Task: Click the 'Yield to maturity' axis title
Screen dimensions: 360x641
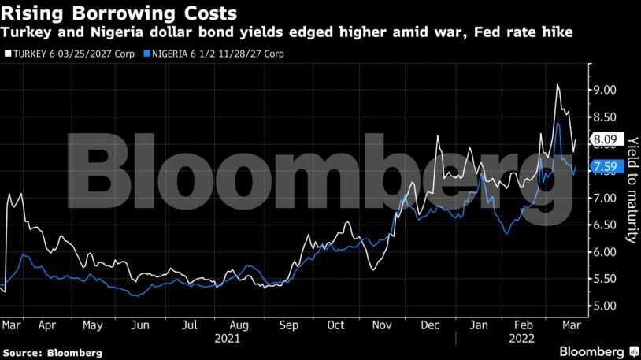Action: tap(632, 189)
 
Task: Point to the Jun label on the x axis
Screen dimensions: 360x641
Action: tap(139, 324)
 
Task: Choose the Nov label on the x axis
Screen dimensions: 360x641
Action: tap(381, 324)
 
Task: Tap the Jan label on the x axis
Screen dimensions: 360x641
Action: tap(478, 324)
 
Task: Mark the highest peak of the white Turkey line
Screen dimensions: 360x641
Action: tap(558, 84)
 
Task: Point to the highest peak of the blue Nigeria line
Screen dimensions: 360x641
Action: tap(558, 123)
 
